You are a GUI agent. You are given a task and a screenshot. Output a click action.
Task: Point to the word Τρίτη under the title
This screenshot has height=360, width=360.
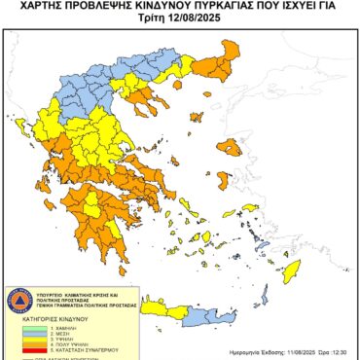[154, 20]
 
